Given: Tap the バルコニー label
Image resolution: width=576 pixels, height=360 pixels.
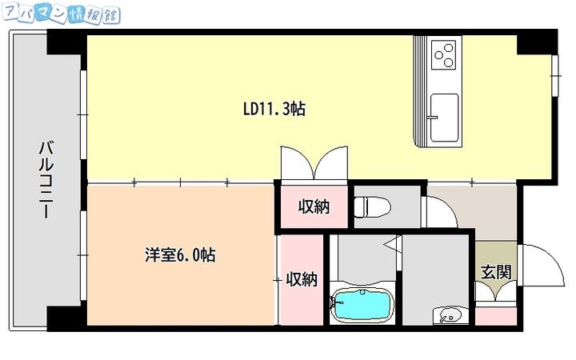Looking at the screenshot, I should point(46,180).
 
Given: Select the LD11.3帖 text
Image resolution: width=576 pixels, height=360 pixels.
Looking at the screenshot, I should point(274,109).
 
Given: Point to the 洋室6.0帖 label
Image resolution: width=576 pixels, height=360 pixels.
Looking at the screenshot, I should point(179,255).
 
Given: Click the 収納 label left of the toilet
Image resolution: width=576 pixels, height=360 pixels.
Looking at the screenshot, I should point(314,206).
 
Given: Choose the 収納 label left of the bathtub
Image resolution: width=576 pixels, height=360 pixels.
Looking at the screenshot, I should point(302,279).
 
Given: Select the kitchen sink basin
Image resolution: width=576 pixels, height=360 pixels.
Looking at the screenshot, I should point(444,116).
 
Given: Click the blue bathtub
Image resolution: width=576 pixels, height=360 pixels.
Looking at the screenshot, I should point(362,306).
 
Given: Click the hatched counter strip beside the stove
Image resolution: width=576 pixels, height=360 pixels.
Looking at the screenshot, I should point(421,92).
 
